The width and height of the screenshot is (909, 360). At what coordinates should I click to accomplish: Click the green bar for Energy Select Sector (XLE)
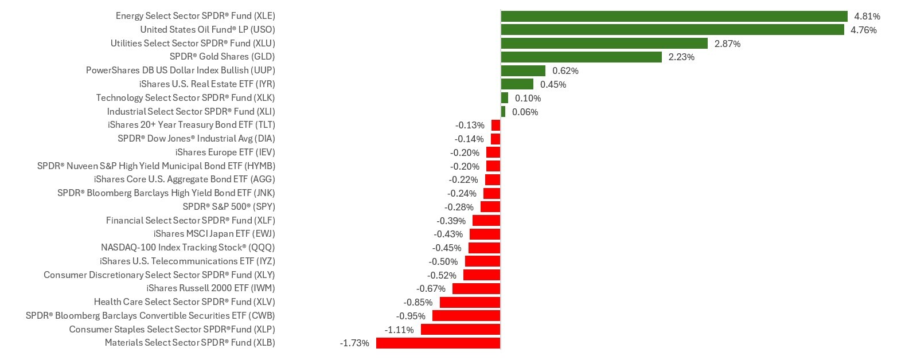[674, 16]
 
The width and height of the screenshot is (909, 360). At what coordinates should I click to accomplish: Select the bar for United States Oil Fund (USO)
[672, 30]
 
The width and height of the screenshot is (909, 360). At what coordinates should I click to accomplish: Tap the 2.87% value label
[727, 44]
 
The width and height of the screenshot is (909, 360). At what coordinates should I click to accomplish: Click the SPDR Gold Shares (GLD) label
[222, 57]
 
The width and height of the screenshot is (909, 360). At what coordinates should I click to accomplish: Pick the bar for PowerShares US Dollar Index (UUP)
[523, 71]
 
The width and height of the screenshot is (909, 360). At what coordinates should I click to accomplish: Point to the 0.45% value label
[553, 84]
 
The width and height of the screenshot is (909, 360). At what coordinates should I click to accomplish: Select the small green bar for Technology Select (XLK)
[505, 98]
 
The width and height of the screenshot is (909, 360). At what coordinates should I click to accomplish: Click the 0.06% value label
[525, 112]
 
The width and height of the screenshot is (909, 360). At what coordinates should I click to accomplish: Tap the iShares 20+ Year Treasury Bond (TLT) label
[191, 125]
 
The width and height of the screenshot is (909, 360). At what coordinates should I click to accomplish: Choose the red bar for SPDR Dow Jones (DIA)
[496, 139]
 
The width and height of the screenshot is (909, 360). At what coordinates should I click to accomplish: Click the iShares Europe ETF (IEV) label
[225, 152]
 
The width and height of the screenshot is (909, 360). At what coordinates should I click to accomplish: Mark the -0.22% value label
[463, 179]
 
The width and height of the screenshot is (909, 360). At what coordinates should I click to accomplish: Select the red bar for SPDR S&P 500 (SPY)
[490, 207]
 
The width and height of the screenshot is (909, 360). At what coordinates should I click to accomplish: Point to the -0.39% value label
[451, 221]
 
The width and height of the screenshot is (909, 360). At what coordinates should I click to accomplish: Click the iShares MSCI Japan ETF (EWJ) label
[214, 234]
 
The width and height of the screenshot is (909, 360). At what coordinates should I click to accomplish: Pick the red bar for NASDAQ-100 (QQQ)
[484, 248]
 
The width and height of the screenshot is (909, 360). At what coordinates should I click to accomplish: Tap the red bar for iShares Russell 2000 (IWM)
[476, 288]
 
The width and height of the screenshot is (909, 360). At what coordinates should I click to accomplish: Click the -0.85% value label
[418, 302]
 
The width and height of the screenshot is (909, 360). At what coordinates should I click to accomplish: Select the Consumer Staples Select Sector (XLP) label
[171, 330]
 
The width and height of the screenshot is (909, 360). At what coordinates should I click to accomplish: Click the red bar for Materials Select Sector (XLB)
[438, 343]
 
